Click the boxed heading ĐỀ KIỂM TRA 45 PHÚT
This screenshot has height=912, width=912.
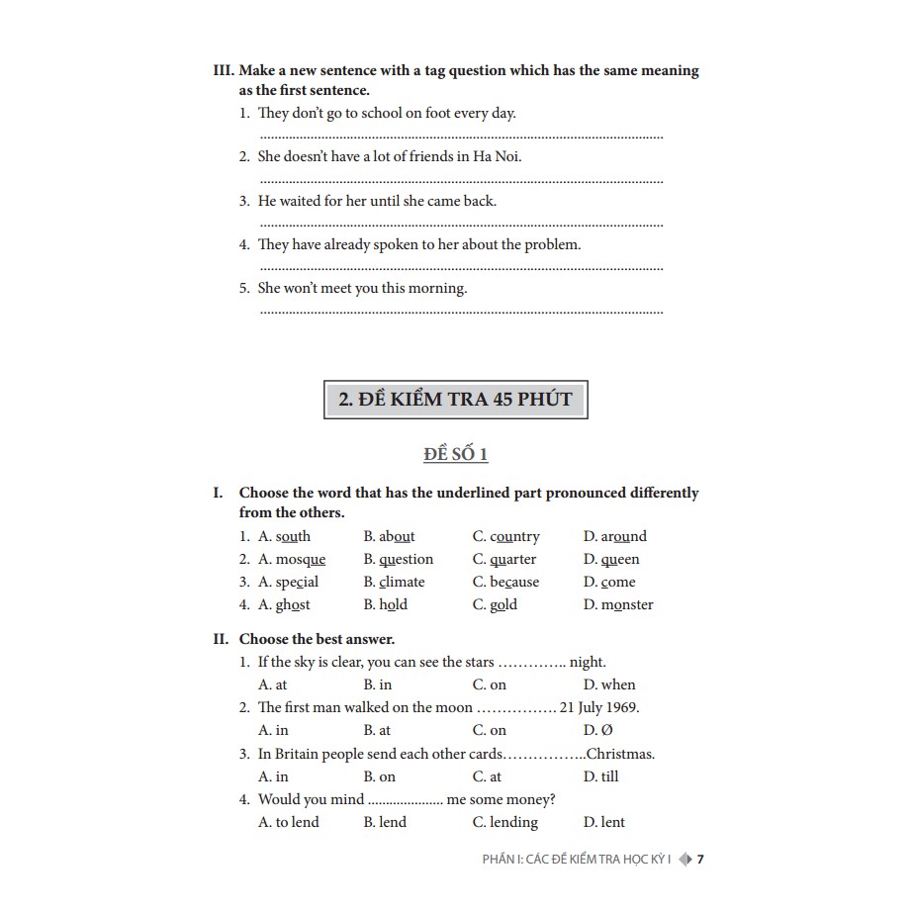455,400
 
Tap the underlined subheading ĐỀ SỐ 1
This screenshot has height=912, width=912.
455,454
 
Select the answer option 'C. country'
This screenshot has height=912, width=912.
505,536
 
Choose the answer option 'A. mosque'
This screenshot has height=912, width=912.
292,559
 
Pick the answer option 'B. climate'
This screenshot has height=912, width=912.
394,582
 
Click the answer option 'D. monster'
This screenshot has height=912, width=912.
618,604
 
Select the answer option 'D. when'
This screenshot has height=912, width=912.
609,684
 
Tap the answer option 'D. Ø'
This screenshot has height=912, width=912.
598,730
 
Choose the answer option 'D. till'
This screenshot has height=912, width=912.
600,776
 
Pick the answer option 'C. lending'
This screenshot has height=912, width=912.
505,822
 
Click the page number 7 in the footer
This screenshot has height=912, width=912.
700,860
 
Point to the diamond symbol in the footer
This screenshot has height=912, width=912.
684,860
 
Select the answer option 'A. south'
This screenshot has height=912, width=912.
284,536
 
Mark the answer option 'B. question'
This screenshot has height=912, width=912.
399,559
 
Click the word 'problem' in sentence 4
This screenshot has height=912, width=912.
552,244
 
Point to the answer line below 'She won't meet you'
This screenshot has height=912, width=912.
461,313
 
